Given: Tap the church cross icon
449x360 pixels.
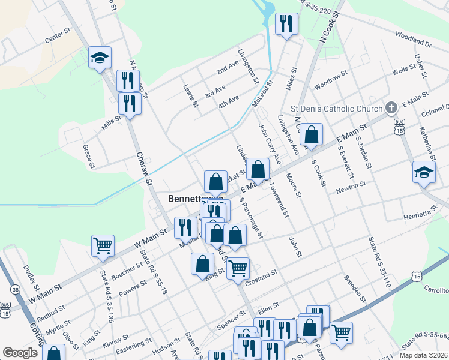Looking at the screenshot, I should pos(391,108).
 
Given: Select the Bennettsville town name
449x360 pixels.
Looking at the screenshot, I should pos(196,198).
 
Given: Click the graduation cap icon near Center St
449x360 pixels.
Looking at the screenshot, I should pos(100,58).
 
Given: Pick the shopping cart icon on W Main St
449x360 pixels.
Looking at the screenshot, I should pos(103,245).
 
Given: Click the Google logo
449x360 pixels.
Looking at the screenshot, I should pos(20,353).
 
